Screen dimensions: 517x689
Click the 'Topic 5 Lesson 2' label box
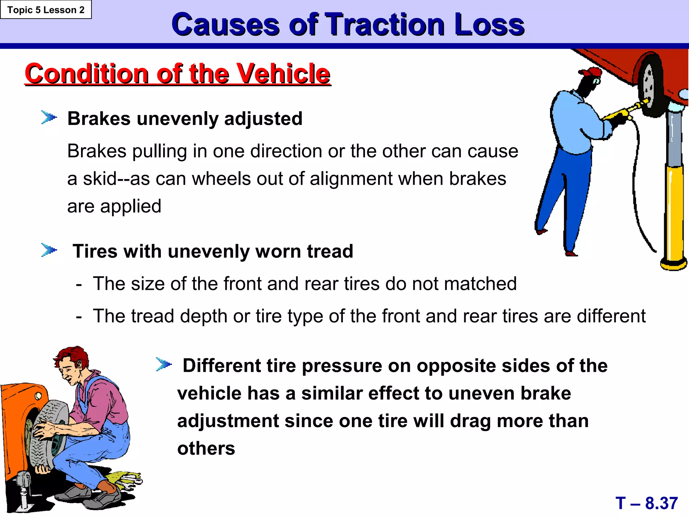[46, 10]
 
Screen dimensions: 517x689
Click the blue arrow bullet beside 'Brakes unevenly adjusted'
[49, 117]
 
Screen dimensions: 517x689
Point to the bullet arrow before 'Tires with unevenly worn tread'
[49, 250]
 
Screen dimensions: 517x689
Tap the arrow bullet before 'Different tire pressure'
[164, 364]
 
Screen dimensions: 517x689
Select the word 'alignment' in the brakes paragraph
[351, 178]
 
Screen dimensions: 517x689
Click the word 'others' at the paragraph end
[206, 448]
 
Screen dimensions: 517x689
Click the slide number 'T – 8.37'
[646, 503]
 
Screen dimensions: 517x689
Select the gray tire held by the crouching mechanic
[47, 434]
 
